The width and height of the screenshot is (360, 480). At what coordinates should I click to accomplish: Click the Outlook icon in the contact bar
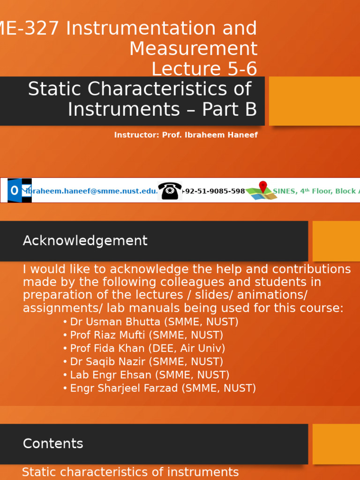click(20, 190)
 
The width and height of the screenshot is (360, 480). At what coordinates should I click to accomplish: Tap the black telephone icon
click(170, 191)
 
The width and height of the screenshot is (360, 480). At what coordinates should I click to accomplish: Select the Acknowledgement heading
click(85, 241)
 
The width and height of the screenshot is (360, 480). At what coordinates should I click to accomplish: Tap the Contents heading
click(53, 444)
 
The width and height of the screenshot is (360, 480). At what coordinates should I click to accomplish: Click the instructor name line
click(186, 135)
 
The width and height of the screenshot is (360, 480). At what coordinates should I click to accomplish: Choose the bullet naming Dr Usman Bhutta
click(154, 322)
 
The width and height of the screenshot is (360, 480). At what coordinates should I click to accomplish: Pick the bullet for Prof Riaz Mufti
click(146, 335)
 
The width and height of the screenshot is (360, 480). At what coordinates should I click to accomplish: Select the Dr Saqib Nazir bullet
click(146, 362)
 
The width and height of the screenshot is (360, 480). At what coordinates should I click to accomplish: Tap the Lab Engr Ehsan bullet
click(150, 375)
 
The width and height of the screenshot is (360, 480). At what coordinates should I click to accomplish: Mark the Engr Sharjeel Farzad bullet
click(163, 388)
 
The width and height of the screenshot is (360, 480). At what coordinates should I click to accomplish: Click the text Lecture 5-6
click(204, 69)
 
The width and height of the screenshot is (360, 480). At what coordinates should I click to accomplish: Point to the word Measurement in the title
click(193, 49)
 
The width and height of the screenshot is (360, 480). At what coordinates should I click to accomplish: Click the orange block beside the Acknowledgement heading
click(336, 241)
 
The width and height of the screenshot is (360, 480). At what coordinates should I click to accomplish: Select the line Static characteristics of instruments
click(130, 472)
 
